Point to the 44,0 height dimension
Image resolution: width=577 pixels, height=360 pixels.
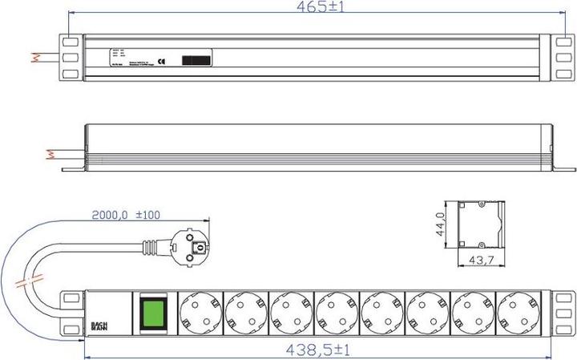(440, 222)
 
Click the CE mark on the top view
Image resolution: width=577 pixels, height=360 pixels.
(162, 60)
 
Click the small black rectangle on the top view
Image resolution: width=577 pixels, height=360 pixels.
(197, 60)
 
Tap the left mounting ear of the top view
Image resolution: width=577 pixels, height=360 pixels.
(70, 58)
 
